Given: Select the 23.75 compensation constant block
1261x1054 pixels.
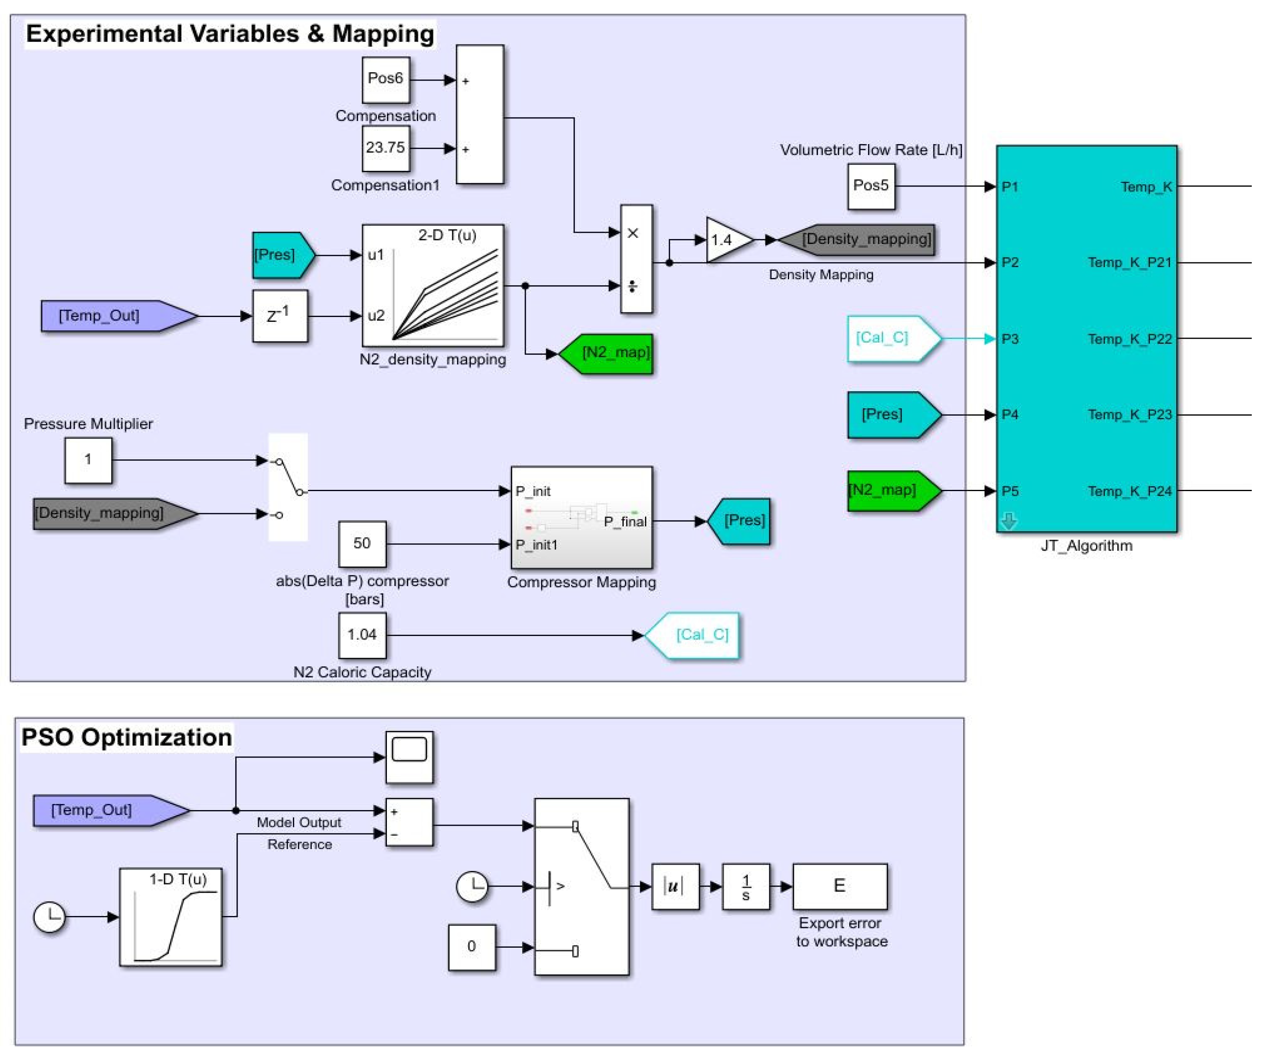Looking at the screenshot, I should (386, 148).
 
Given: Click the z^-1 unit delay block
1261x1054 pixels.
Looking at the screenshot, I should (280, 316).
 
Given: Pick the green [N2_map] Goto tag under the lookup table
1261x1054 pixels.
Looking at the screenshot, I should (606, 353).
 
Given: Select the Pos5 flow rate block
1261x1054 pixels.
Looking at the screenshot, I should (870, 186).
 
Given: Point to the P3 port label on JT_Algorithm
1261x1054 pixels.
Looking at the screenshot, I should (1010, 339).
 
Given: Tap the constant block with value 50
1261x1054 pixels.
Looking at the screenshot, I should (362, 544).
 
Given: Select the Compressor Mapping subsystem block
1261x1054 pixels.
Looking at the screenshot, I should (581, 518).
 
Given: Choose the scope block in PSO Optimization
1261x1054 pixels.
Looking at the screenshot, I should (409, 756).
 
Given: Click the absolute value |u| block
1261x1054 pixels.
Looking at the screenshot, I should (675, 887).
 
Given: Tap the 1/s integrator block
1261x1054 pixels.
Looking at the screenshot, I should (745, 887).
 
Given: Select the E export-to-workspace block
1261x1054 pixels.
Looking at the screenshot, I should (840, 887).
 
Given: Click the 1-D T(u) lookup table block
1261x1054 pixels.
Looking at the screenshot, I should (171, 916).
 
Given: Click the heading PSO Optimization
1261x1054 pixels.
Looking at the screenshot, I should (127, 737).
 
